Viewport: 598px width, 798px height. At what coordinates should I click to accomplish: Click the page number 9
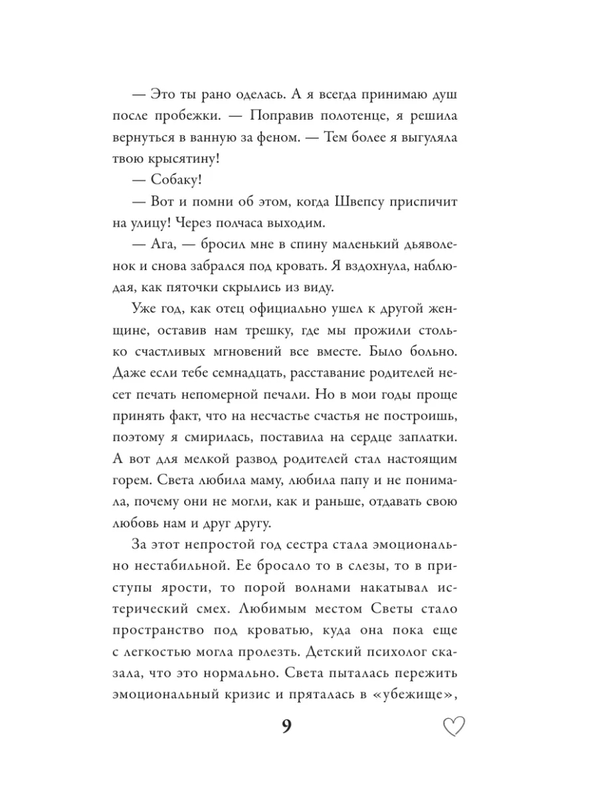click(x=286, y=726)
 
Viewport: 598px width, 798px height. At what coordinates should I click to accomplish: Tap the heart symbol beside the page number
click(x=454, y=727)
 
